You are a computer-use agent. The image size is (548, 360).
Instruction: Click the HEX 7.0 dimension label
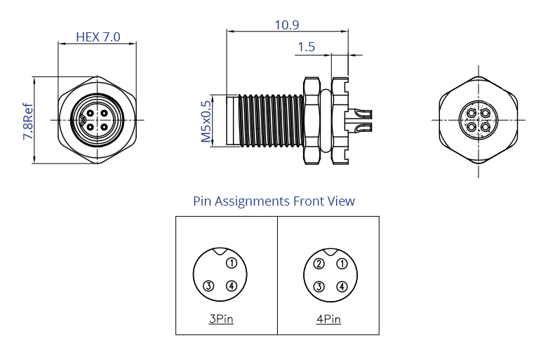tap(98, 36)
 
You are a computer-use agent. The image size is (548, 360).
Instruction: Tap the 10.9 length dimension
tap(286, 25)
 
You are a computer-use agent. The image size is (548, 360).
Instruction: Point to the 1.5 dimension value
tap(306, 48)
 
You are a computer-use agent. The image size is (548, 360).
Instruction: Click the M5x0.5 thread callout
tap(206, 120)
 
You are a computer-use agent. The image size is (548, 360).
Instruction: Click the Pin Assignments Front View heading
tap(274, 201)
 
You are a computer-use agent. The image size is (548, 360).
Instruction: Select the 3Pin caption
tap(221, 319)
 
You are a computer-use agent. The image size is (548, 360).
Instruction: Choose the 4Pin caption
tap(328, 319)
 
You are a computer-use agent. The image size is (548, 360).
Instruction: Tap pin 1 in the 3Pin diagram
tap(232, 264)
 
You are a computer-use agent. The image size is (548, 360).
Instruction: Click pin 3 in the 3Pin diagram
tap(208, 286)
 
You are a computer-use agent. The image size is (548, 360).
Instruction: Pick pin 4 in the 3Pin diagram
tap(232, 286)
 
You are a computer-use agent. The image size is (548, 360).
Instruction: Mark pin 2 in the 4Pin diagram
tap(319, 264)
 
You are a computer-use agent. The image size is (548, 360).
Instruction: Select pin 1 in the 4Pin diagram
tap(342, 264)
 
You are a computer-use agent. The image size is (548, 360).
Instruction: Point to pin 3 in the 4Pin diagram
tap(319, 286)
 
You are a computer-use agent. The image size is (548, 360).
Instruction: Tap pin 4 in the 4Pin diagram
tap(342, 286)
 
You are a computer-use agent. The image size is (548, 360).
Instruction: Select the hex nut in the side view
tap(311, 121)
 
